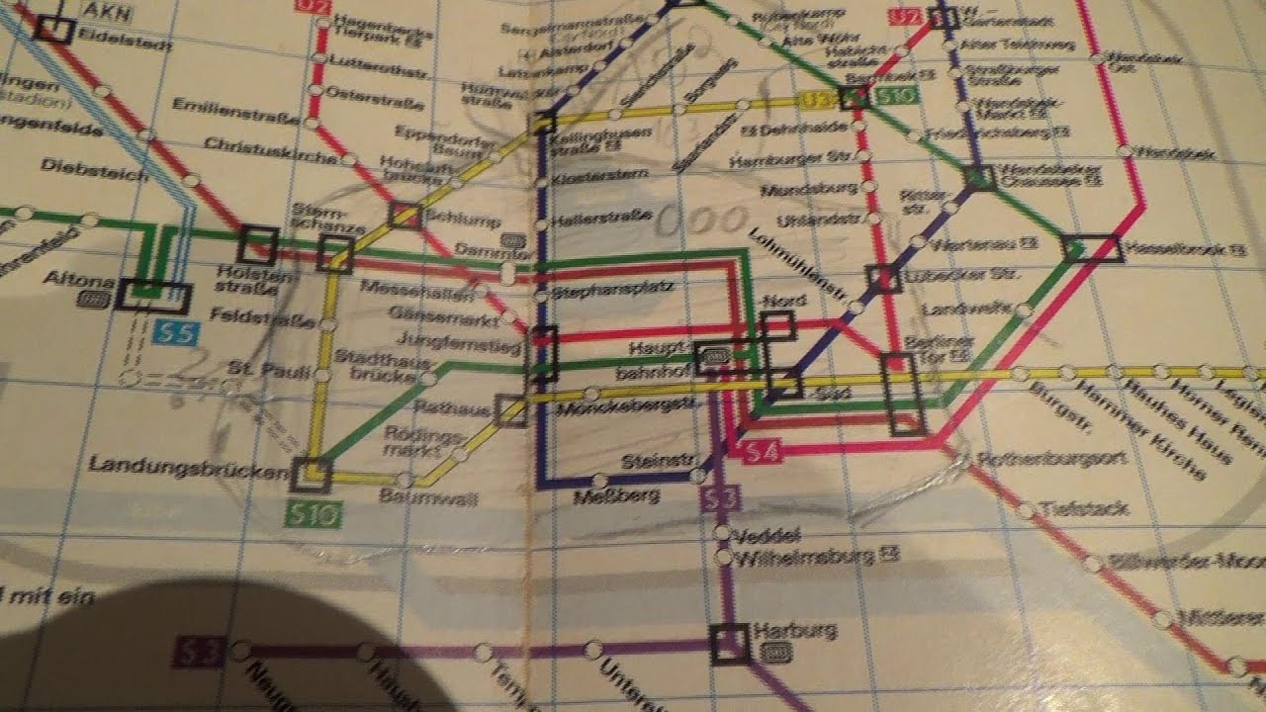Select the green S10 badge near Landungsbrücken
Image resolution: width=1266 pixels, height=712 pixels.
tap(313, 514)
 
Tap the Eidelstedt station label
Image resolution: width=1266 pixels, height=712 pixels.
tap(113, 30)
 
